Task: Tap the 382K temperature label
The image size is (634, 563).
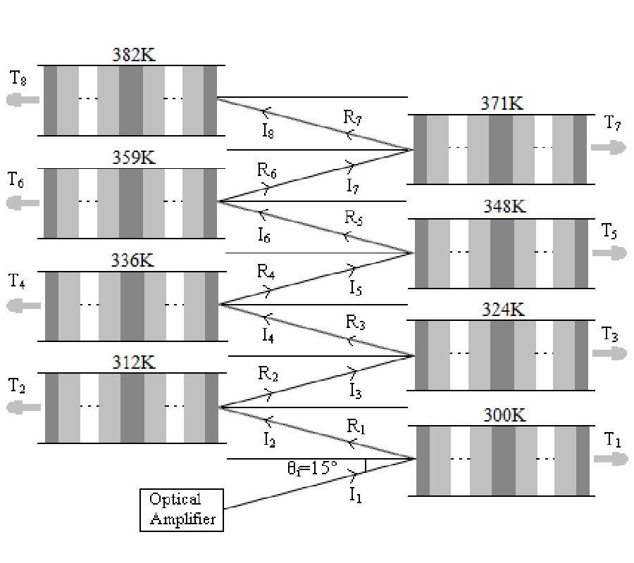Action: click(134, 55)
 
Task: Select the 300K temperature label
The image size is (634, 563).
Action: click(504, 415)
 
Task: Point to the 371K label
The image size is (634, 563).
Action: click(503, 104)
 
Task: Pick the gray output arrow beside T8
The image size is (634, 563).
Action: click(23, 100)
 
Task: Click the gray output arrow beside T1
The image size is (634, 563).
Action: click(610, 459)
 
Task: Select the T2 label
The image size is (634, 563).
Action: click(18, 386)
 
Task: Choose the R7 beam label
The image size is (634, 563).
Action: click(352, 118)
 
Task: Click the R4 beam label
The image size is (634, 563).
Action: click(266, 271)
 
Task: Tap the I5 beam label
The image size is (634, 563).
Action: click(356, 287)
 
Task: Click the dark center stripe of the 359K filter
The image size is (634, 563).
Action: click(131, 203)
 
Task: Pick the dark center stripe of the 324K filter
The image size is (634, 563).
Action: click(502, 355)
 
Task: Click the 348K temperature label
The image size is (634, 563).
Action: click(504, 207)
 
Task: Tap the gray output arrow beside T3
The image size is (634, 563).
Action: click(609, 353)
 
